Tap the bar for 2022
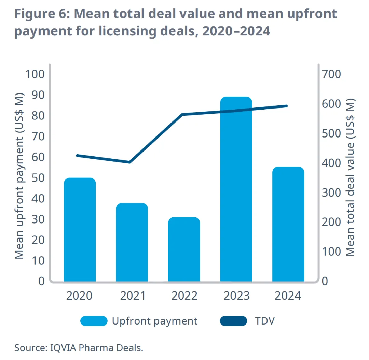pyautogui.click(x=184, y=249)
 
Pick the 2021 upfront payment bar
pyautogui.click(x=132, y=242)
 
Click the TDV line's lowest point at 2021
pyautogui.click(x=130, y=162)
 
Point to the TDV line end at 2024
pyautogui.click(x=287, y=106)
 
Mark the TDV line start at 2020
pyautogui.click(x=78, y=156)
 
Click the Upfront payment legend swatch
pyautogui.click(x=94, y=321)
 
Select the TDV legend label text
pyautogui.click(x=264, y=321)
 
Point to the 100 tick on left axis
pyautogui.click(x=35, y=74)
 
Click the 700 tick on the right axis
pyautogui.click(x=332, y=74)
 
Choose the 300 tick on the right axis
pyautogui.click(x=332, y=192)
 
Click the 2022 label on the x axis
pyautogui.click(x=184, y=296)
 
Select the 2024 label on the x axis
pyautogui.click(x=288, y=296)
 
